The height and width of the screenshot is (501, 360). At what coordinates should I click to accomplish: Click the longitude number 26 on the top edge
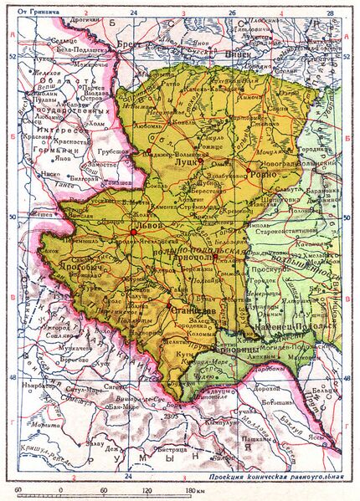pyautogui.click(x=233, y=13)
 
